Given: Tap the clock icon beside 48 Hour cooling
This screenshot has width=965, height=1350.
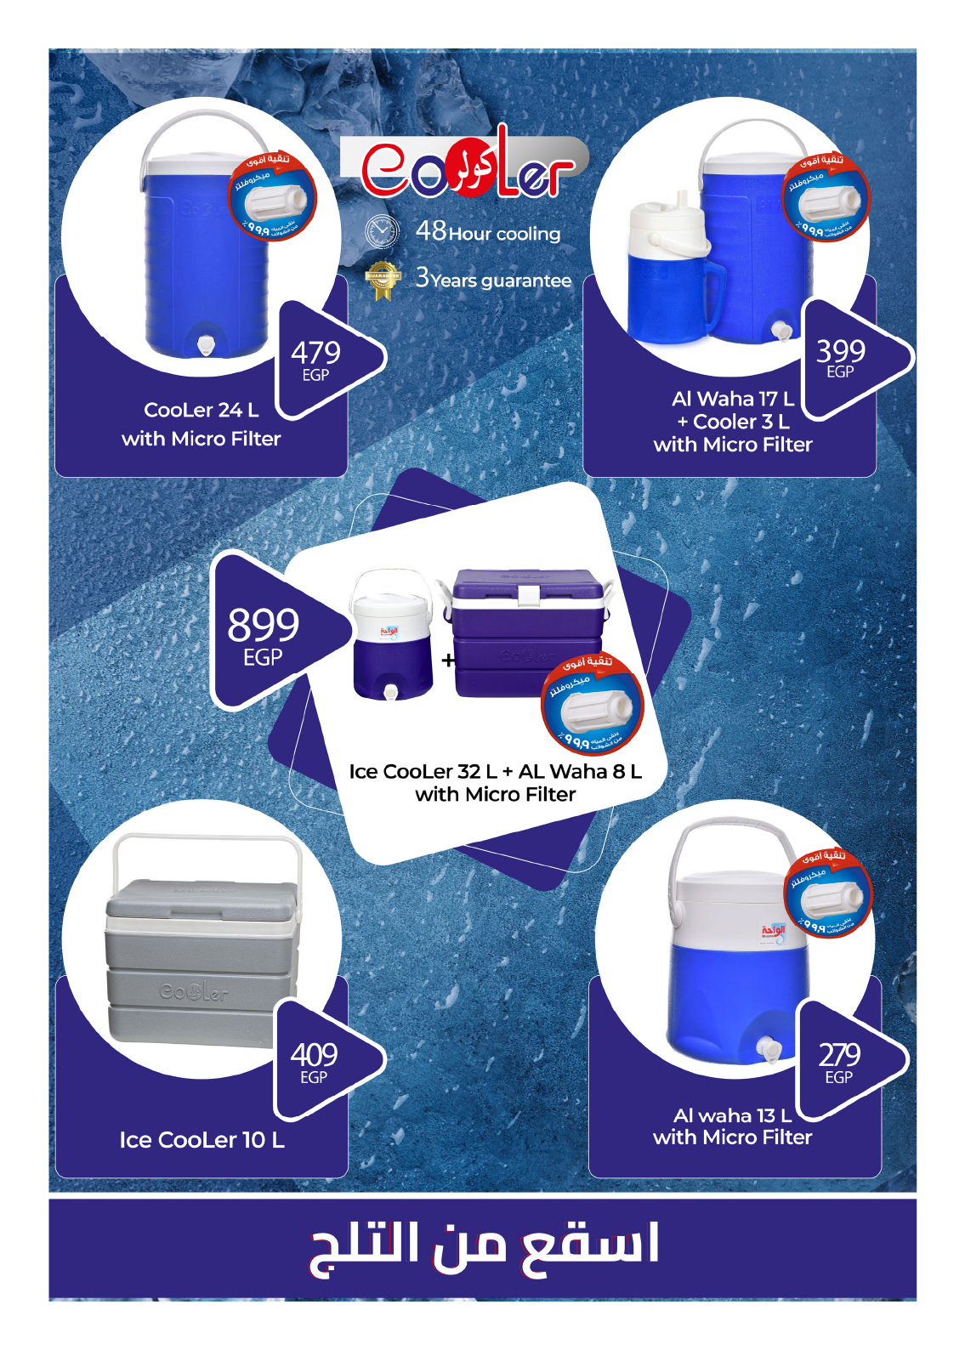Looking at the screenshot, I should click(x=382, y=232).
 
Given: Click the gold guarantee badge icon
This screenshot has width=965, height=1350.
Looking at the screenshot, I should click(x=383, y=280).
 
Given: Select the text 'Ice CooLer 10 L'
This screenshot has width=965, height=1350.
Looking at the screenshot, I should click(x=202, y=1140).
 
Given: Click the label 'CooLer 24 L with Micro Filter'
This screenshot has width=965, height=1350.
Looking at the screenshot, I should click(x=202, y=424).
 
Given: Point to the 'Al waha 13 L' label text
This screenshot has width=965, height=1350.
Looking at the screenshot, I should click(x=732, y=1115).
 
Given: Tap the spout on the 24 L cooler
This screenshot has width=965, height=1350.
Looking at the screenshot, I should click(x=205, y=344).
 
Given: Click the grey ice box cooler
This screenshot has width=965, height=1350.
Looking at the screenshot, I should click(x=201, y=961).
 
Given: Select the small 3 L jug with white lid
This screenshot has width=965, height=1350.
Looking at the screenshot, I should click(x=668, y=272).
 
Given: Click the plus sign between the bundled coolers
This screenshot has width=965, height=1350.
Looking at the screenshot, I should click(x=448, y=660).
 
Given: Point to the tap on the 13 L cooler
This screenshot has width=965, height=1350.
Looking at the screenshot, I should click(x=770, y=1049).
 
